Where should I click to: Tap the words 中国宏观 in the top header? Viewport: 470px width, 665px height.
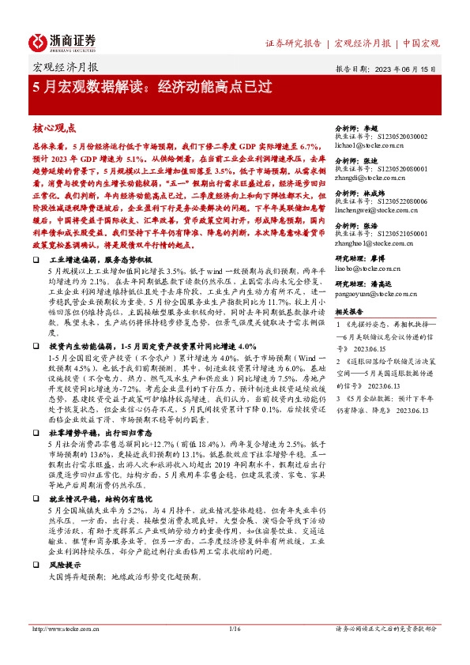[420, 42]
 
